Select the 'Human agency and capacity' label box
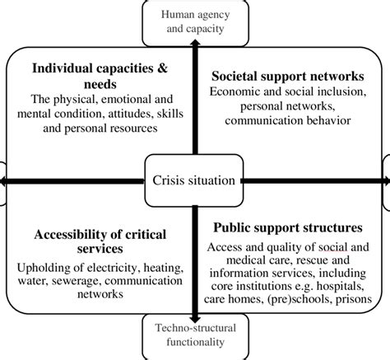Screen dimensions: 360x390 [195, 18]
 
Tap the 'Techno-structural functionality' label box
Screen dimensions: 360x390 [195, 338]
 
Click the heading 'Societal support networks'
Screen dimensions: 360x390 [294, 76]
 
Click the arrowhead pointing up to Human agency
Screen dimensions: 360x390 [195, 43]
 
